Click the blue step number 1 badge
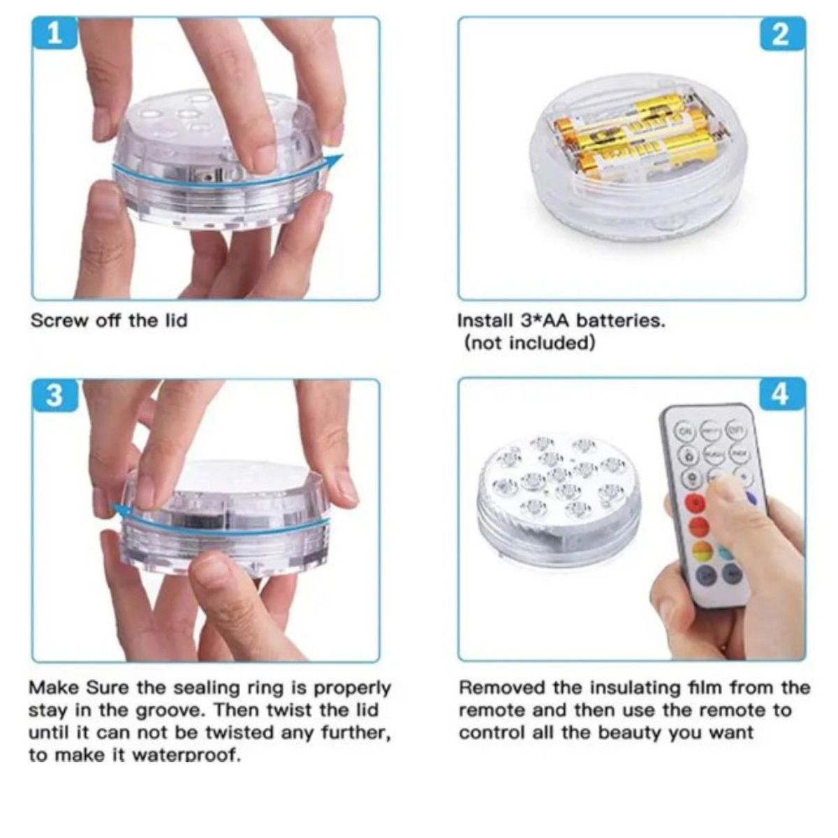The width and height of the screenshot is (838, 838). point(54,33)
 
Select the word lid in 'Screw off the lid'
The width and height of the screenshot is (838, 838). point(175,321)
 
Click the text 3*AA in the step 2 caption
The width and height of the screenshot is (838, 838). point(545,321)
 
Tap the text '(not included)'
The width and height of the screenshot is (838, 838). point(529,344)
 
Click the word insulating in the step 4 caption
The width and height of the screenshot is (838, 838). point(637,688)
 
